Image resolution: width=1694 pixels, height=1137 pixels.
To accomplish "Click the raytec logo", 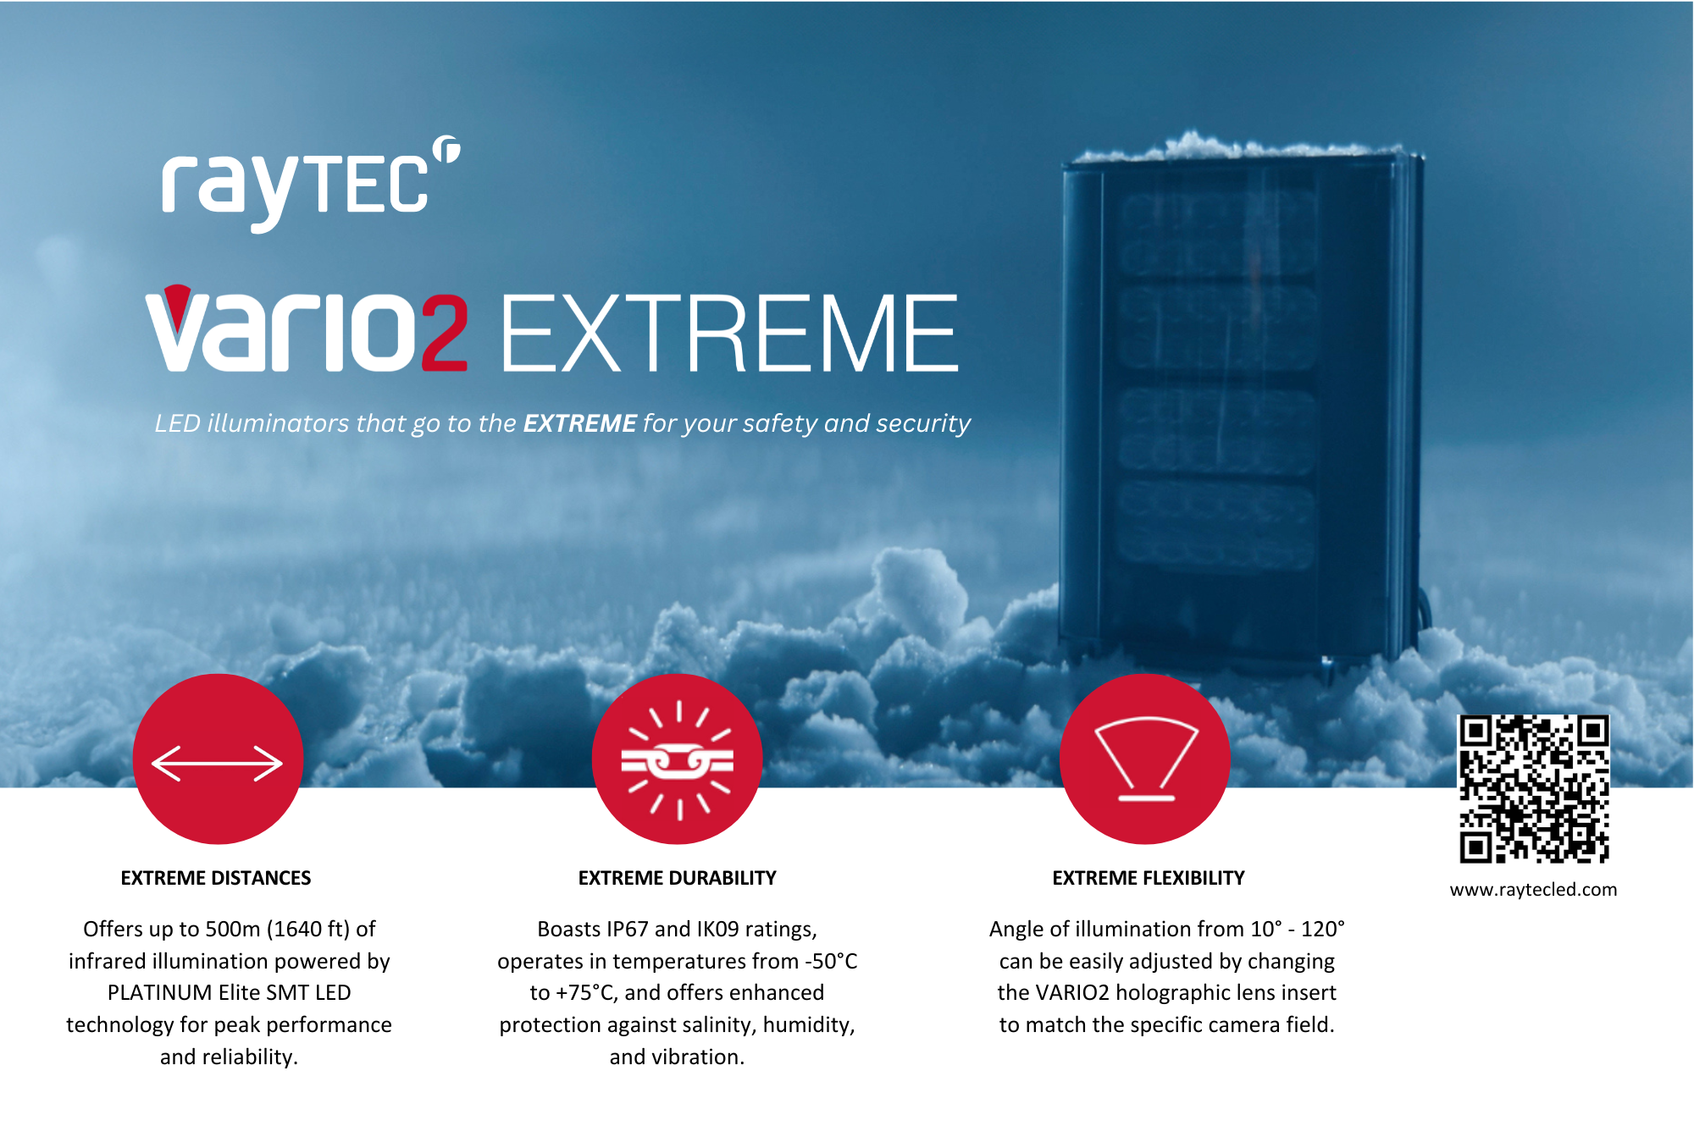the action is coord(311,184).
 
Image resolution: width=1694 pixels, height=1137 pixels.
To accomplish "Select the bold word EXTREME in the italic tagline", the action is coord(579,423).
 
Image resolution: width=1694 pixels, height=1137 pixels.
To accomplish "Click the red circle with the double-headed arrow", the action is coord(218,759).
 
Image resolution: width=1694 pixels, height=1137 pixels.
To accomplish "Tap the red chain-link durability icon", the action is coord(678,759).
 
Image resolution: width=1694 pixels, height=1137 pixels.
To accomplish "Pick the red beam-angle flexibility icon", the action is coord(1145,759).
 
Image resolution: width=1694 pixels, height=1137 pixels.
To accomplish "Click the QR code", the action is coord(1533,789).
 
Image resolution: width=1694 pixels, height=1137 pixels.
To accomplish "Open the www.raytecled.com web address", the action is coord(1533,890).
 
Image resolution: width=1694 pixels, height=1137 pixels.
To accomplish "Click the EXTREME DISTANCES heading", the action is coord(216,878).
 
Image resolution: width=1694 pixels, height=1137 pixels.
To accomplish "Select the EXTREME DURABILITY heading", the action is coord(678,878).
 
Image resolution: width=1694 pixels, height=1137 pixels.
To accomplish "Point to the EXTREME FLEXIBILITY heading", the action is coord(1149,878).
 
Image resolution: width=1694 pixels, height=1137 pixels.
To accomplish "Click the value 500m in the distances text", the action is coord(233,930).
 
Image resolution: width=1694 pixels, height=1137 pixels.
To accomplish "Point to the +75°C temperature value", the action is coord(587,993).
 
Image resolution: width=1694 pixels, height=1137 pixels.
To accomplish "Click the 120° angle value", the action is coord(1323,930).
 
